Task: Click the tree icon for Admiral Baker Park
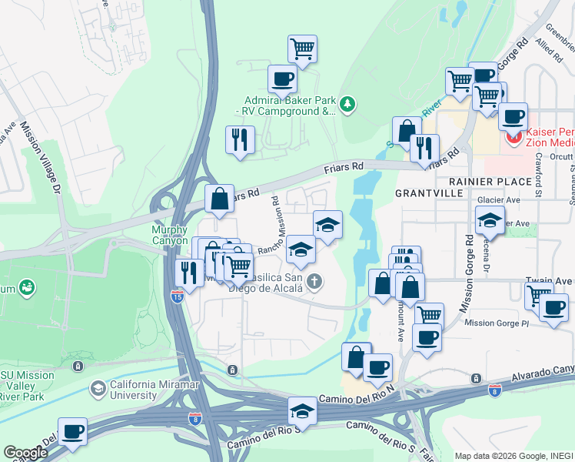(347, 103)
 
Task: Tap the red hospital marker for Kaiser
(514, 137)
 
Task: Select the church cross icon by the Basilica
(313, 283)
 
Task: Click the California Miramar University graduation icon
(98, 389)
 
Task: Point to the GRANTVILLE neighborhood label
(430, 192)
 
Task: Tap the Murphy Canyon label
(171, 235)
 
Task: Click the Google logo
(25, 453)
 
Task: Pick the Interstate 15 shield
(177, 296)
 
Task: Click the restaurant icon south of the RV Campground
(240, 139)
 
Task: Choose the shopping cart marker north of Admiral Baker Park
(303, 49)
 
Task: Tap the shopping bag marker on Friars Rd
(220, 198)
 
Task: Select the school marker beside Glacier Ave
(490, 220)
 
